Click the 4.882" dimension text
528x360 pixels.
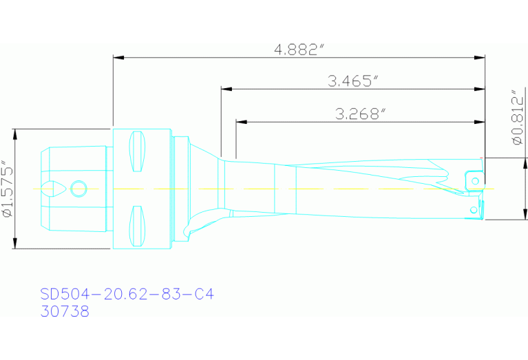pyautogui.click(x=299, y=50)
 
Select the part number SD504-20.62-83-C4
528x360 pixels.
pyautogui.click(x=127, y=295)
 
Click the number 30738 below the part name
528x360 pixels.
pyautogui.click(x=65, y=311)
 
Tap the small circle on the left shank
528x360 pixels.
pyautogui.click(x=79, y=189)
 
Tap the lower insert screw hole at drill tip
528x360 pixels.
pyautogui.click(x=474, y=209)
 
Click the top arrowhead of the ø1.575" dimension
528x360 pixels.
pyautogui.click(x=14, y=134)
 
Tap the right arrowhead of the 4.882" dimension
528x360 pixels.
pyautogui.click(x=481, y=57)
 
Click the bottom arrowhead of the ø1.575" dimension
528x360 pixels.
pyautogui.click(x=14, y=245)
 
